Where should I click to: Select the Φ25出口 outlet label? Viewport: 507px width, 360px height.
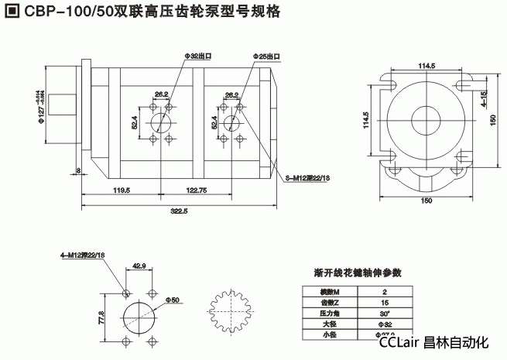tap(267, 57)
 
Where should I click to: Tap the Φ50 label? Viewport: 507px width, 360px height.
tap(172, 299)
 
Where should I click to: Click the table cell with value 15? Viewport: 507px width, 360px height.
tap(385, 303)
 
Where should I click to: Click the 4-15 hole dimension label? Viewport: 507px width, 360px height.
tap(483, 100)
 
